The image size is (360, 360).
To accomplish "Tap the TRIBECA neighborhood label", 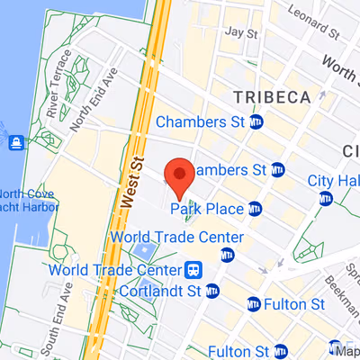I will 271,96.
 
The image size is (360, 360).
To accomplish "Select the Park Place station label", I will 207,210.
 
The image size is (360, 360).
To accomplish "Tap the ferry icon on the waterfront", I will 15,142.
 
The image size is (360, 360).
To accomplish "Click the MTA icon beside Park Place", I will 256,210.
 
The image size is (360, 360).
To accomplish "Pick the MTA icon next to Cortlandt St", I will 212,291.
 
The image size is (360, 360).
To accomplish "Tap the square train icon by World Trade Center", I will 193,270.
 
